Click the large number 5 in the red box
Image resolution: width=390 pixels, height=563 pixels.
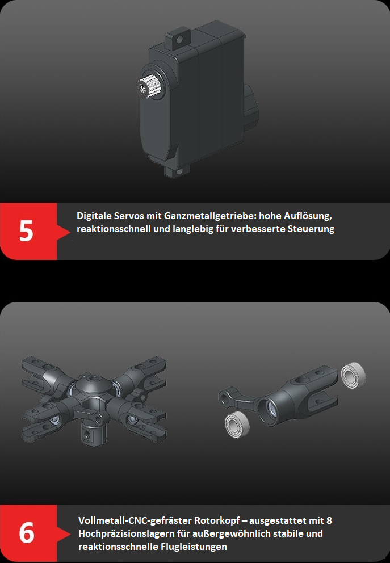click(26, 230)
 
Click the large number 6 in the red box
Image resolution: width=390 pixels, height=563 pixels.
click(27, 533)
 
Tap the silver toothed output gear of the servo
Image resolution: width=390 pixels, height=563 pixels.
click(149, 86)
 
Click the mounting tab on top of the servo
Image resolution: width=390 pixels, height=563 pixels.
click(177, 40)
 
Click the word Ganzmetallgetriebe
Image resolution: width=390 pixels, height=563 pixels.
click(210, 216)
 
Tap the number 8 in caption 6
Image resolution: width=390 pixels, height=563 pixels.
click(329, 520)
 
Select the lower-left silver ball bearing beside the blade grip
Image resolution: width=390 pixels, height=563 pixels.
click(237, 424)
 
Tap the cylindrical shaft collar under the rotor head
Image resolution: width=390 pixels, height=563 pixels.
click(93, 432)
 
